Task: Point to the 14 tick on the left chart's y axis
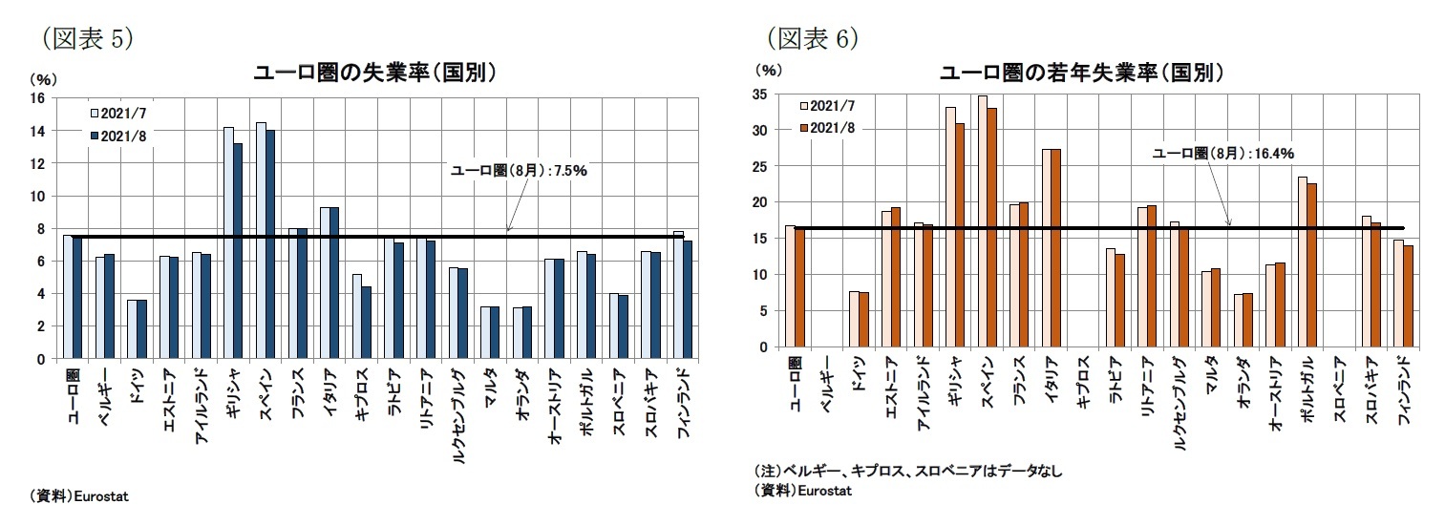pyautogui.click(x=38, y=131)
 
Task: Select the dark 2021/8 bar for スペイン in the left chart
pyautogui.click(x=270, y=244)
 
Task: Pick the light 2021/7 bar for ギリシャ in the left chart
pyautogui.click(x=228, y=242)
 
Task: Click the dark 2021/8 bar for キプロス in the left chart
pyautogui.click(x=367, y=323)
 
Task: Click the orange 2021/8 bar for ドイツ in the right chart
pyautogui.click(x=863, y=320)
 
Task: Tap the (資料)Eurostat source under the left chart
pyautogui.click(x=80, y=496)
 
